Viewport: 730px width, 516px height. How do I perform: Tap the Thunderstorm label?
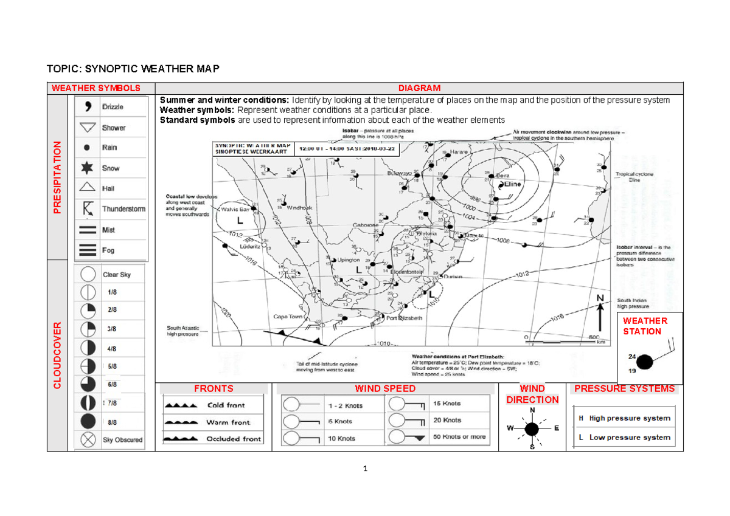coord(123,209)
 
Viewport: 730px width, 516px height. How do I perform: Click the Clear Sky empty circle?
coord(89,275)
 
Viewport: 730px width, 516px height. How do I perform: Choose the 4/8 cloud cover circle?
coord(89,348)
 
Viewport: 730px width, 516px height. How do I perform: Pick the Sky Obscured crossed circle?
coord(89,439)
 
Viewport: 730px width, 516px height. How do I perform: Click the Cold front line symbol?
coord(181,405)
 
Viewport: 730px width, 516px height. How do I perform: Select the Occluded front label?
coord(234,439)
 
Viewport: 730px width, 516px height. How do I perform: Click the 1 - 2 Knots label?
coord(345,405)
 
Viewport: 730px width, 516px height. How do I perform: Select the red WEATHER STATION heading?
coord(645,326)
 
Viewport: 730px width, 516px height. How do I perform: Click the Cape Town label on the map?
coord(288,317)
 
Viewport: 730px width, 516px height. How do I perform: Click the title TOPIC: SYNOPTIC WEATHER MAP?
coord(134,69)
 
